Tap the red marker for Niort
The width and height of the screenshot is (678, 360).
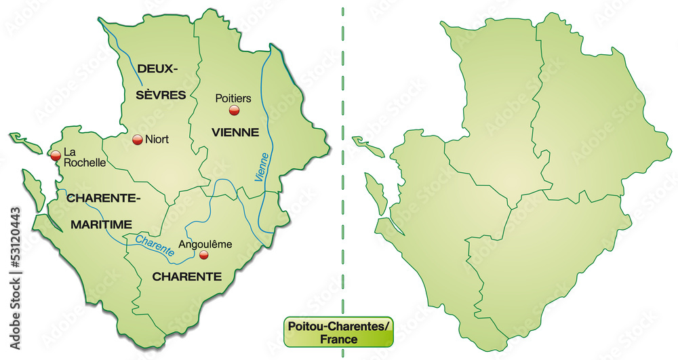coord(137,140)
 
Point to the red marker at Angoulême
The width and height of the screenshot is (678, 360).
coord(204,255)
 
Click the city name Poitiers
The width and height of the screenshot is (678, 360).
coord(233,98)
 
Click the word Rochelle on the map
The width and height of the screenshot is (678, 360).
coord(84,163)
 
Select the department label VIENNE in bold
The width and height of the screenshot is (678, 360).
coord(235,132)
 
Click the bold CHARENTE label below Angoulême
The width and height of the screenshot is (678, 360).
coord(186,276)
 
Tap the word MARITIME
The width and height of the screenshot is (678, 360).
coord(99,224)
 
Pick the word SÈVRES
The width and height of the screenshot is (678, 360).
coord(161,95)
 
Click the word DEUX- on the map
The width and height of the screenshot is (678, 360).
coord(157,68)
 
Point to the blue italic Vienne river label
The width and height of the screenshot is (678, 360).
coord(262,166)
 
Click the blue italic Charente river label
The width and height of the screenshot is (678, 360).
coord(155,244)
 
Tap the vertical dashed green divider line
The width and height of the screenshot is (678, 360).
coord(342,169)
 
